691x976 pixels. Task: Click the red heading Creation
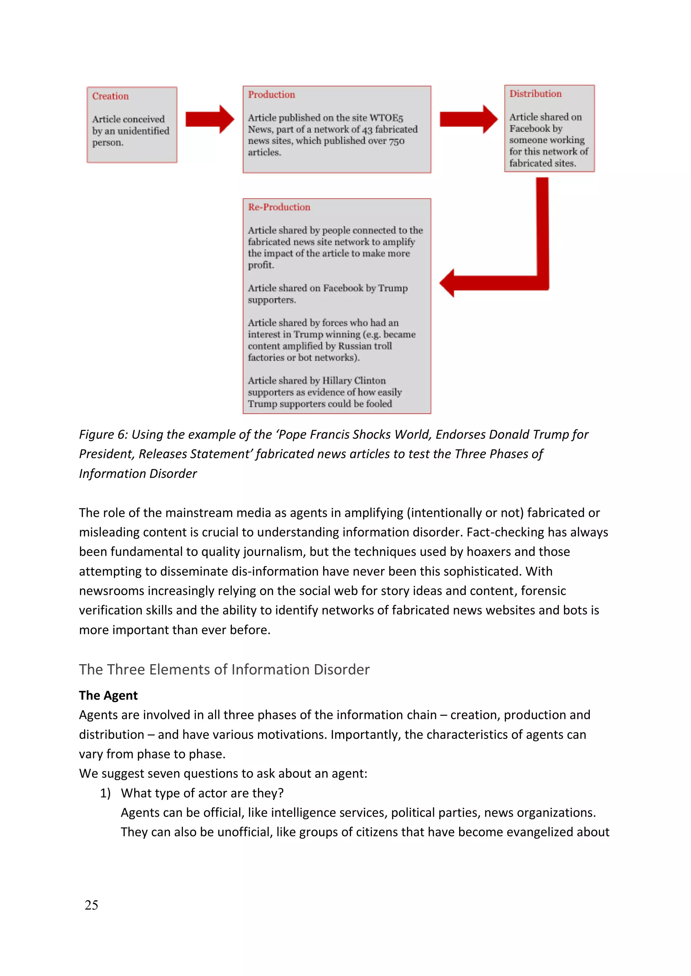click(110, 96)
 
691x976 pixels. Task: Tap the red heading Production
click(272, 94)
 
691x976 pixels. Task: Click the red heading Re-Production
click(279, 207)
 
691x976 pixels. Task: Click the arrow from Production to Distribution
click(468, 119)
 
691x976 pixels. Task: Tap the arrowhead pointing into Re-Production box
click(448, 283)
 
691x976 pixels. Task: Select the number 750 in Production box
click(396, 141)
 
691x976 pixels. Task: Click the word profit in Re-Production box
click(260, 265)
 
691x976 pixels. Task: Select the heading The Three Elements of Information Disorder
click(224, 670)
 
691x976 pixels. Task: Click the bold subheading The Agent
click(108, 696)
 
